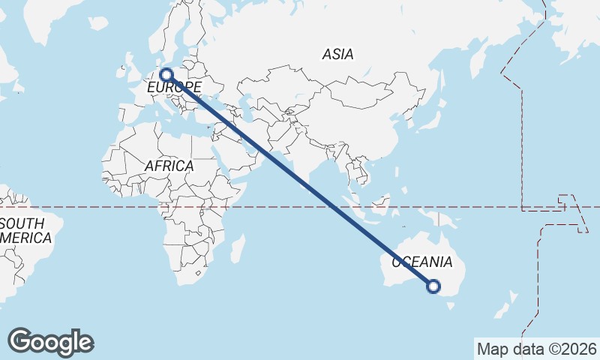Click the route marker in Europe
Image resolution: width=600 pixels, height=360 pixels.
point(166,74)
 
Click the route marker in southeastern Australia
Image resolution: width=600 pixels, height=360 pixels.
point(433,285)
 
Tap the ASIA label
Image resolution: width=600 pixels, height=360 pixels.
point(337,55)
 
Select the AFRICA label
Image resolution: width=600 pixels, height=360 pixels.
point(169,166)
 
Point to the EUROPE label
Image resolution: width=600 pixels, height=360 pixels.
point(174,88)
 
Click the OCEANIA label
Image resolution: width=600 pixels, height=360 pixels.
point(422,262)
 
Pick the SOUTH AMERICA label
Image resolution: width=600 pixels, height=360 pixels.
point(25,231)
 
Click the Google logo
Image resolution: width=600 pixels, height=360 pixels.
point(50,342)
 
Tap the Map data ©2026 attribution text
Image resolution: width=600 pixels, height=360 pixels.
point(537,349)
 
